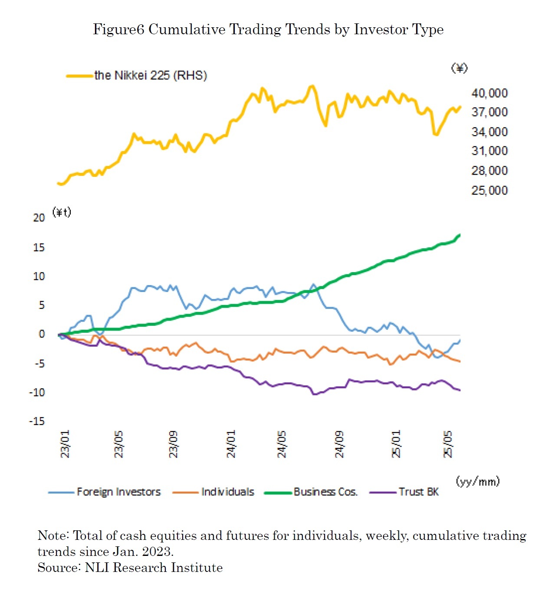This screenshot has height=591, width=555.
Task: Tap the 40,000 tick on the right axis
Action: pos(489,93)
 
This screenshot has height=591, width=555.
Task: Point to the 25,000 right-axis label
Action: pos(489,190)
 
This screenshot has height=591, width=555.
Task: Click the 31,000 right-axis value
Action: pos(489,151)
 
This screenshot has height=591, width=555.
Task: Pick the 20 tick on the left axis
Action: pos(39,218)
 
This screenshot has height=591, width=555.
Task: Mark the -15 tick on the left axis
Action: pos(37,421)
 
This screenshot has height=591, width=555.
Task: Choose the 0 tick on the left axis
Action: pos(42,334)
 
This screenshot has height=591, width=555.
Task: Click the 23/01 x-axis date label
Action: pos(65,444)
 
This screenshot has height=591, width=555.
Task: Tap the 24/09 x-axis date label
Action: pos(339,444)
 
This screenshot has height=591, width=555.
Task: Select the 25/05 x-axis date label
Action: pos(447,444)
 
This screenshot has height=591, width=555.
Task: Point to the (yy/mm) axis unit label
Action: pos(478,481)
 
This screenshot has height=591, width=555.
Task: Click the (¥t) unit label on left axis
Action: pos(62,212)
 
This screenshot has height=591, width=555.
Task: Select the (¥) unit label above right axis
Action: pos(459,68)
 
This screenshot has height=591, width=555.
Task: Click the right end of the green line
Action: pos(459,235)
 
